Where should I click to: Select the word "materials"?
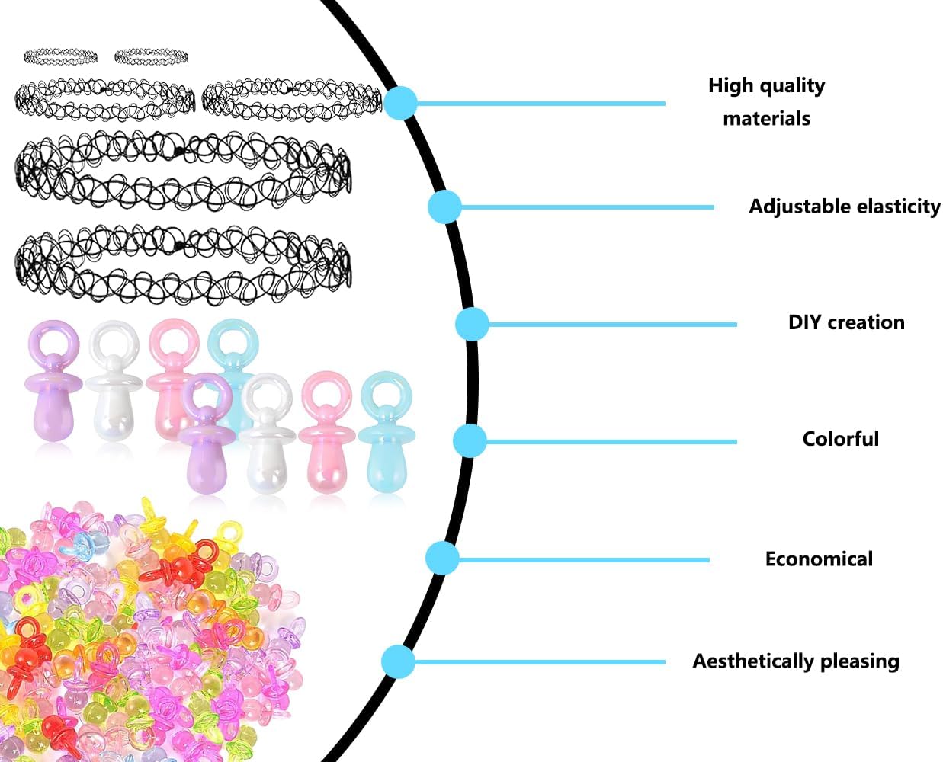[766, 119]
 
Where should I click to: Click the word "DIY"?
[804, 322]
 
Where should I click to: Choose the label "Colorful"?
[840, 439]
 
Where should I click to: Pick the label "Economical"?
[819, 559]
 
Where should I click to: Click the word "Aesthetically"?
[753, 661]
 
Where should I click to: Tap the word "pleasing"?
[859, 661]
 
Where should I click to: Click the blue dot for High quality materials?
[400, 103]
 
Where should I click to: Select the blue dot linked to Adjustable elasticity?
[444, 207]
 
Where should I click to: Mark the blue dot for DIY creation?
[472, 325]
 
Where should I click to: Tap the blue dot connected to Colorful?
[470, 440]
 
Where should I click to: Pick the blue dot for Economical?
[442, 558]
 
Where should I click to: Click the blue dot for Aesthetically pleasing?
[398, 661]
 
